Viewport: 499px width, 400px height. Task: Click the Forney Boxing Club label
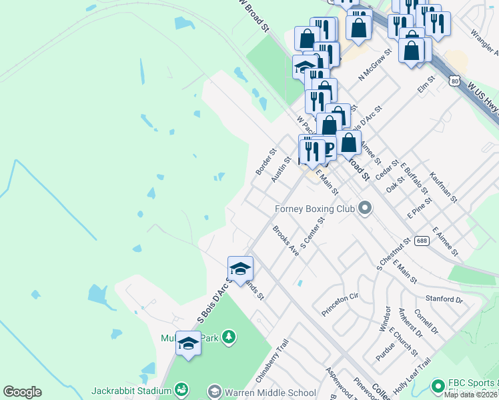pyautogui.click(x=314, y=209)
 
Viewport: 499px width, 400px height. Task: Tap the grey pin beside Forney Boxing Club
pyautogui.click(x=364, y=209)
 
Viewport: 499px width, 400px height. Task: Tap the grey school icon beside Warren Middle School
pyautogui.click(x=215, y=391)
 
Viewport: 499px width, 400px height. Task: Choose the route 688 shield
pyautogui.click(x=421, y=241)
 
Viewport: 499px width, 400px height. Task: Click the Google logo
pyautogui.click(x=22, y=392)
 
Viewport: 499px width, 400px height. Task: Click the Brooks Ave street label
pyautogui.click(x=285, y=240)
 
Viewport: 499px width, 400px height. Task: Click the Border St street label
pyautogui.click(x=265, y=162)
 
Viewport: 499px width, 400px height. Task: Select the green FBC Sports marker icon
pyautogui.click(x=438, y=385)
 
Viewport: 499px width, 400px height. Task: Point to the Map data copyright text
pyautogui.click(x=472, y=395)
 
